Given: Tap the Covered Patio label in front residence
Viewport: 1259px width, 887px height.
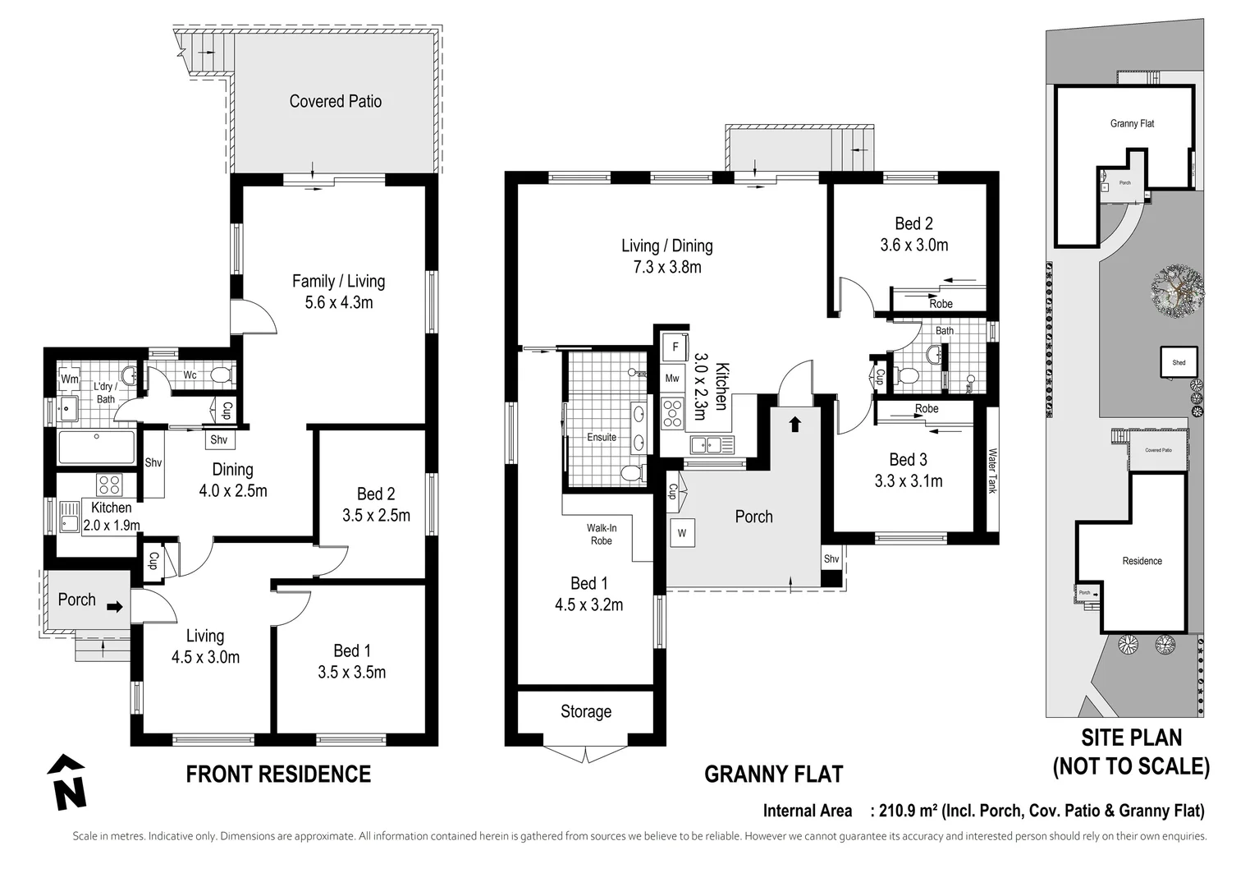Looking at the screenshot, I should point(335,101).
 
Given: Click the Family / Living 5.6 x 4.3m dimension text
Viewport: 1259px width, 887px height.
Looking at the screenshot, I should point(338,292).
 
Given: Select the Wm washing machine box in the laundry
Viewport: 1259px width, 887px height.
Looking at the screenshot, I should point(70,379).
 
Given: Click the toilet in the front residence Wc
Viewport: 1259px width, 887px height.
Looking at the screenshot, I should point(219,375).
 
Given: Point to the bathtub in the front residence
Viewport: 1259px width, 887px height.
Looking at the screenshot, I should point(97,448).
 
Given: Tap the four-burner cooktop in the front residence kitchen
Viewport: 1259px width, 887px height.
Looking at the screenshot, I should point(109,484).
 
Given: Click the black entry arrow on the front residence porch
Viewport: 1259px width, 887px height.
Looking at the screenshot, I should point(115,608).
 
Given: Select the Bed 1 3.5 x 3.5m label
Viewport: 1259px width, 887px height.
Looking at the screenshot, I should point(351,661).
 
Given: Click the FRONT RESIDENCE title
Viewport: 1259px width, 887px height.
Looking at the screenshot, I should point(278,774).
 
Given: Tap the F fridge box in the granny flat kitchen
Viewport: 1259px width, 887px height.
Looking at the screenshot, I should point(675,347).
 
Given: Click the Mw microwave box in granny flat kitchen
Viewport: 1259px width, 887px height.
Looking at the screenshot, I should point(672,379).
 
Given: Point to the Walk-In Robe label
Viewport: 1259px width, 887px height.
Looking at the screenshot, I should point(601,534).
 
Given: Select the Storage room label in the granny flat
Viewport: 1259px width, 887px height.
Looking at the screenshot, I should point(585,711).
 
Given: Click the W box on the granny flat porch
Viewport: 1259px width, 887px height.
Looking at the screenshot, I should point(682,532).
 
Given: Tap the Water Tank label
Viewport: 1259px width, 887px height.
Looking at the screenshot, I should point(991,470).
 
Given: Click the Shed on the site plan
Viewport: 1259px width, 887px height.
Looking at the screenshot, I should point(1179,361).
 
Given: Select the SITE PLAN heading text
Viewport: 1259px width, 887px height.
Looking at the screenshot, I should point(1131,738).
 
